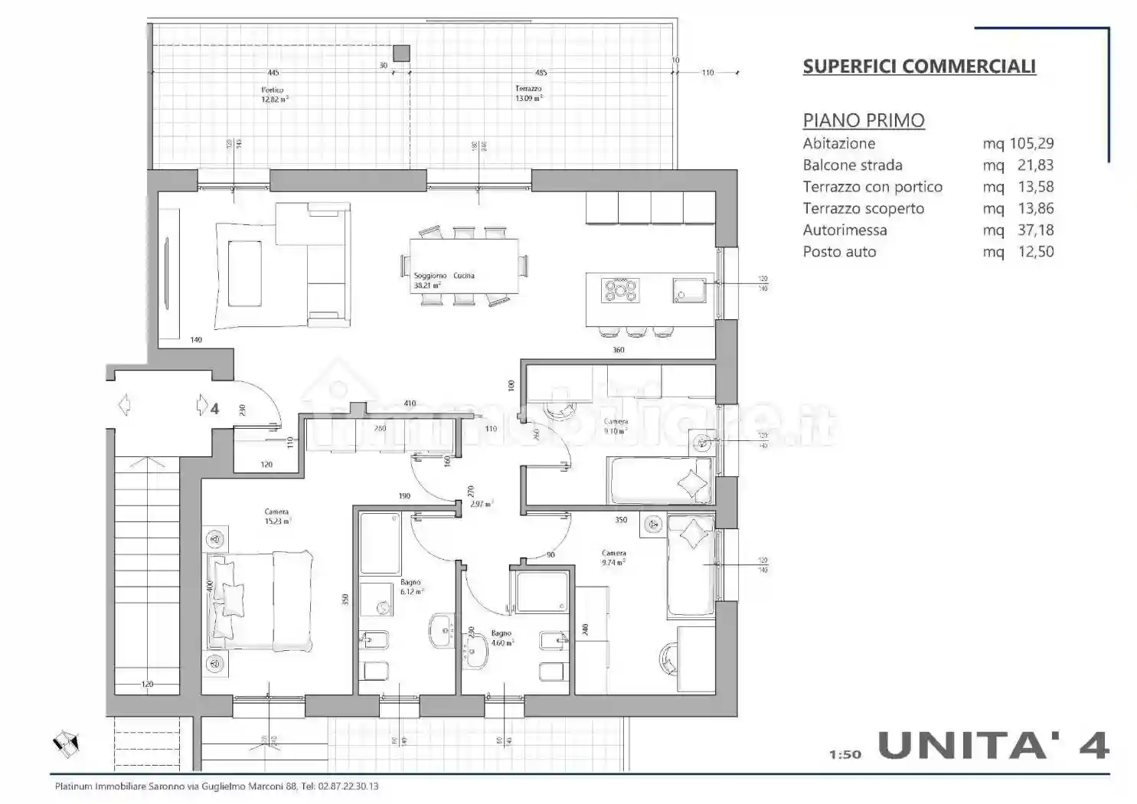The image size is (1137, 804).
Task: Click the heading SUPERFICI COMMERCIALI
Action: coord(919,67)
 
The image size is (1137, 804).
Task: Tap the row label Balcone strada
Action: coord(852,165)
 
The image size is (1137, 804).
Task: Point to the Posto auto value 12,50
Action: coord(1036,252)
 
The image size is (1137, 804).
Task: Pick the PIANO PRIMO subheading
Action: coord(863,120)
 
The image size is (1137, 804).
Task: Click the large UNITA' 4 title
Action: coord(993,745)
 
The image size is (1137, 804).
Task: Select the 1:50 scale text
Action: coord(845,754)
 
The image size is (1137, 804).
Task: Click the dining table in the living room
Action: coord(463,266)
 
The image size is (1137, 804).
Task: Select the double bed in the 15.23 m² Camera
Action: coord(259,600)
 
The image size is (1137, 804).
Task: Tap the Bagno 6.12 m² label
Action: coord(410,587)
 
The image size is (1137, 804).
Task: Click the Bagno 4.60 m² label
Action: coord(502,638)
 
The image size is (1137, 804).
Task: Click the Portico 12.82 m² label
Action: coord(273,94)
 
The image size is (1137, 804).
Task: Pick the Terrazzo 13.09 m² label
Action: coord(528,93)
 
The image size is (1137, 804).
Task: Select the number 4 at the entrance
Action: coord(214,409)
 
